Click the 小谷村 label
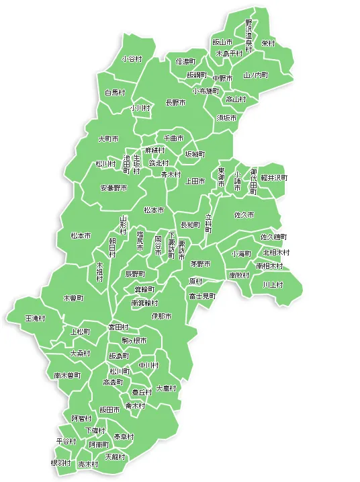point(132,59)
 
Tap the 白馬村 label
point(115,92)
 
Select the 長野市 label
point(175,104)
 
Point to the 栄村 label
point(268,43)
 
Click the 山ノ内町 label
point(255,75)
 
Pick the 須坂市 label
point(226,117)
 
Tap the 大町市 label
point(108,139)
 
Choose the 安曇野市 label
point(114,188)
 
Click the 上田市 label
point(195,182)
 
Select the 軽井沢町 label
point(274,178)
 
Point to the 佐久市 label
point(244,214)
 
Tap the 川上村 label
point(273,284)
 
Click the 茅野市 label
point(200,264)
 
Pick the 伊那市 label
point(161,316)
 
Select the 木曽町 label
point(73,298)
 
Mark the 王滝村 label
point(35,317)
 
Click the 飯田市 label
point(109,409)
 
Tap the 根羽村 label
point(60,463)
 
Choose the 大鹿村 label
point(166,389)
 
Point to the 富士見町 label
point(202,296)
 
